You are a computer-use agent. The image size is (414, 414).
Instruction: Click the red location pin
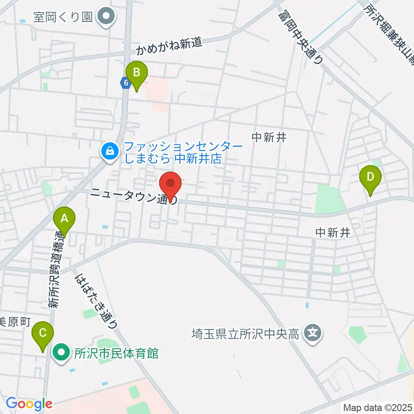coord(171,185)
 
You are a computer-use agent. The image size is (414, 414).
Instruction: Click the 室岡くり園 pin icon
coord(105,17)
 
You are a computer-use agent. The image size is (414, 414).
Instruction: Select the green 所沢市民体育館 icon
coord(61,354)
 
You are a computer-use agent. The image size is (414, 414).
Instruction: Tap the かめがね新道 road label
coord(169,47)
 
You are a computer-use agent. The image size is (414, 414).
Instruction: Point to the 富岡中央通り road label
coord(301,38)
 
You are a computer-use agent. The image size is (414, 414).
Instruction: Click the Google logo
coord(28,404)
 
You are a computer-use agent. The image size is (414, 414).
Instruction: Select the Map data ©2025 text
coord(377,407)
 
